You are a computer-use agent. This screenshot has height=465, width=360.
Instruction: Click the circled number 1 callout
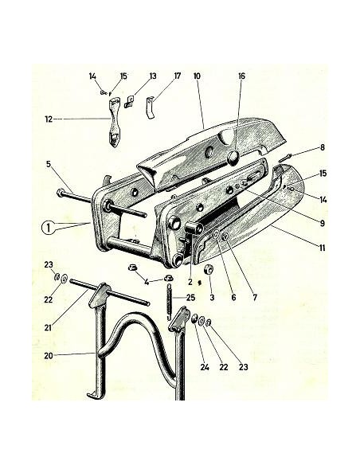(x=49, y=229)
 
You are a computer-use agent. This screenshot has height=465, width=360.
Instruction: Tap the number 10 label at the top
(x=197, y=76)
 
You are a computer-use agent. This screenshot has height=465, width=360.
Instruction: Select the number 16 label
(x=241, y=76)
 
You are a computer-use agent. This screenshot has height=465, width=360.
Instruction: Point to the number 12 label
(x=49, y=119)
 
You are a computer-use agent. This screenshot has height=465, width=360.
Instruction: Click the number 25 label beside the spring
(x=191, y=297)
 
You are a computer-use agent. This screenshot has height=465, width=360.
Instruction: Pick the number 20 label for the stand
(x=49, y=356)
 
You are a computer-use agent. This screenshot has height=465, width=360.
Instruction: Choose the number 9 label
(x=323, y=223)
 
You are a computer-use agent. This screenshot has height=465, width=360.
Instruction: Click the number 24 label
(x=205, y=367)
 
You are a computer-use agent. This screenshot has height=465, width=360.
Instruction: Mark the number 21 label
(x=48, y=327)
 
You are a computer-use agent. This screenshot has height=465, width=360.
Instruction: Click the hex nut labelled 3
(x=209, y=270)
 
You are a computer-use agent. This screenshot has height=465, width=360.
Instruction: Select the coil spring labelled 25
(x=170, y=302)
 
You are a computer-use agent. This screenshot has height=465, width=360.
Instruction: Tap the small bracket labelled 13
(x=129, y=101)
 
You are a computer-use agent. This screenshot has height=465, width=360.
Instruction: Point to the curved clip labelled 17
(x=151, y=107)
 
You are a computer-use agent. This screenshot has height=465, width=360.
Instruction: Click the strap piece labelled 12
(x=114, y=122)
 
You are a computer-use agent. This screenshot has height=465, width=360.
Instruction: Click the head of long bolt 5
(x=60, y=193)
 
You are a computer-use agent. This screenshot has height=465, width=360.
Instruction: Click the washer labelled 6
(x=216, y=234)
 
